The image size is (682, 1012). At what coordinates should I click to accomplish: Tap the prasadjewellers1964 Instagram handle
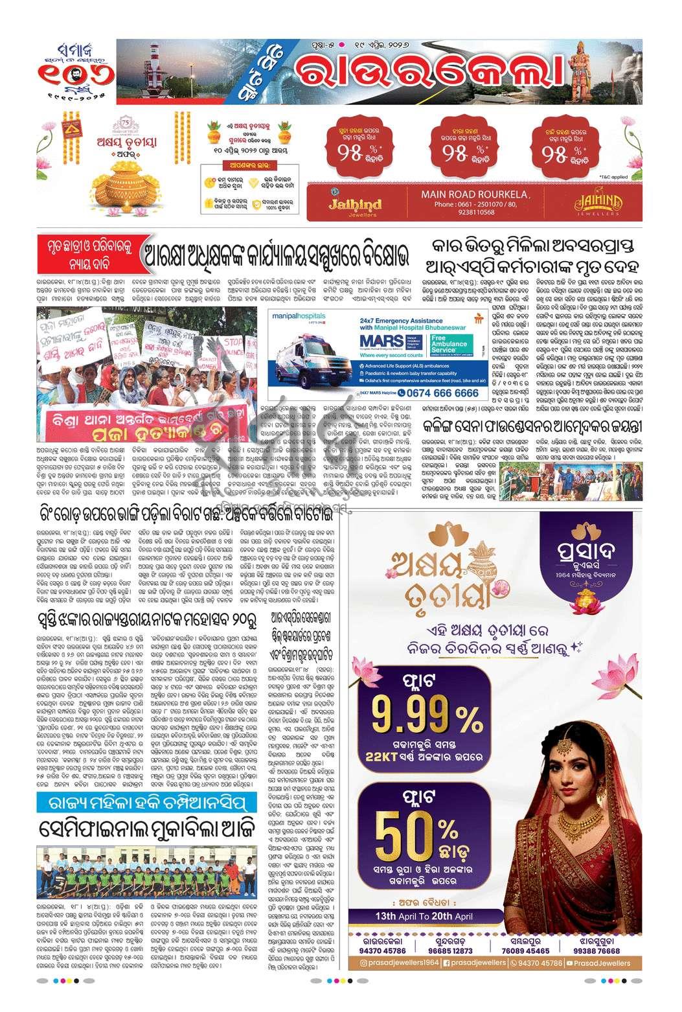pyautogui.click(x=398, y=963)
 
